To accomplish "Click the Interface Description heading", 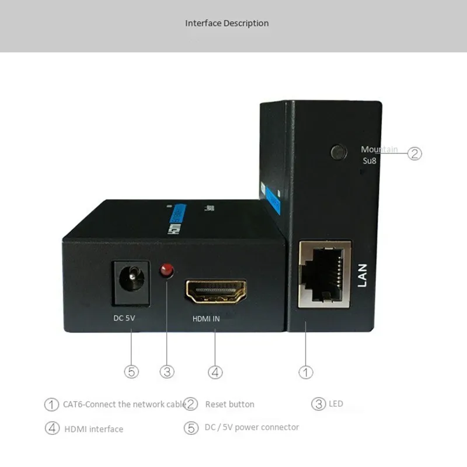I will tap(227, 23).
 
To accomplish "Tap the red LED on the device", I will tap(168, 270).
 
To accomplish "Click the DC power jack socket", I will tap(131, 278).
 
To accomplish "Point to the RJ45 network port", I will tap(325, 274).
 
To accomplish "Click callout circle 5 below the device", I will tap(132, 371).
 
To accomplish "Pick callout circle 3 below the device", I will tap(168, 371).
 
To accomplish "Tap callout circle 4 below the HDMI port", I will tap(215, 371).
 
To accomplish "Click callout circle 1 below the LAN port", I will tap(306, 371).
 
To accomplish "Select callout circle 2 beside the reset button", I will tap(414, 154).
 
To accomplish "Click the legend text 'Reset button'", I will tap(229, 404).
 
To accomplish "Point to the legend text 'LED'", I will tap(336, 403).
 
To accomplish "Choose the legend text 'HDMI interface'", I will tap(93, 429).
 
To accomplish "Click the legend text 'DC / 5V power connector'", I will tap(252, 427).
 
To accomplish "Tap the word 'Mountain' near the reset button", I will tap(379, 149).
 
